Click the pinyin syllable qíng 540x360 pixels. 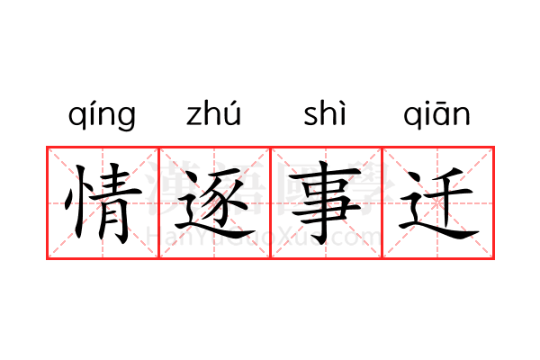[102, 116]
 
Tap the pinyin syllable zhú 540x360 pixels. [214, 114]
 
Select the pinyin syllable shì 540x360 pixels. [325, 114]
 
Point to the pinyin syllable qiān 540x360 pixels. [436, 116]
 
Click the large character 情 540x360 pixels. [102, 202]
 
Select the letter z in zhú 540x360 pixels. [193, 117]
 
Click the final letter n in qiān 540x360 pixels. [461, 117]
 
